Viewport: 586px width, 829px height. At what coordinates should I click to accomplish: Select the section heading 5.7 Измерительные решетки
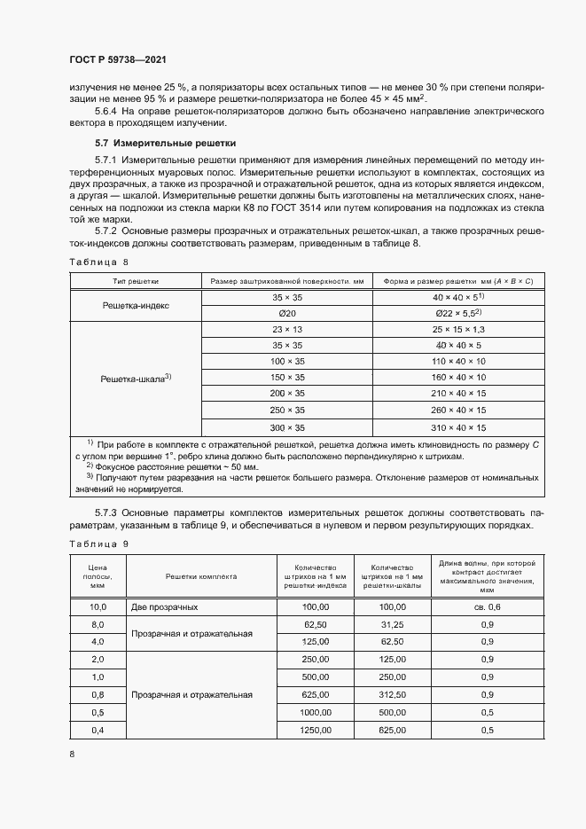165,142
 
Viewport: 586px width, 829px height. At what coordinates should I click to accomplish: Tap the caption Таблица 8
98,262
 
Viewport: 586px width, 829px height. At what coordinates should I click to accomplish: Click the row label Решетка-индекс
136,305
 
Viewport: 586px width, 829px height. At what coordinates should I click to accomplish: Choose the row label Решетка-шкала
136,378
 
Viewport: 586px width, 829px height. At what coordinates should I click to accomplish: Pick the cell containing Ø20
287,313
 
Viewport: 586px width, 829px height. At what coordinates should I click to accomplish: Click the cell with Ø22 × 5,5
457,313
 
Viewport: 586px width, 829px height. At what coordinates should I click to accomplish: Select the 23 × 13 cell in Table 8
287,329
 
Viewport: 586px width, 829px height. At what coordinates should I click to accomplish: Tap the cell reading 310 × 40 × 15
457,426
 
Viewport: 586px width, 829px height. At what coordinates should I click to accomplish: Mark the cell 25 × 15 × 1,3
457,329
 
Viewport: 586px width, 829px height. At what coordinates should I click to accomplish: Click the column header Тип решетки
136,280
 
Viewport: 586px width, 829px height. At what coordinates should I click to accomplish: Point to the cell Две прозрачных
164,607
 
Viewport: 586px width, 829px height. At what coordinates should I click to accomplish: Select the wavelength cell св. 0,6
487,607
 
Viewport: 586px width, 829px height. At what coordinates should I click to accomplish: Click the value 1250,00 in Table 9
316,730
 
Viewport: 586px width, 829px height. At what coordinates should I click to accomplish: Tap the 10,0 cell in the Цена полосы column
98,607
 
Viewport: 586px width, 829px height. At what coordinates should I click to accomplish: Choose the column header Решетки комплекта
200,576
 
